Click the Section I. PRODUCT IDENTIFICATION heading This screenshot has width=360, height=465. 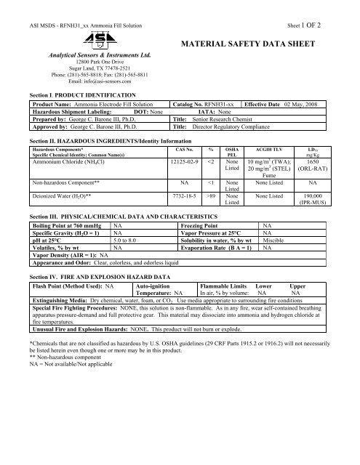[79, 95]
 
